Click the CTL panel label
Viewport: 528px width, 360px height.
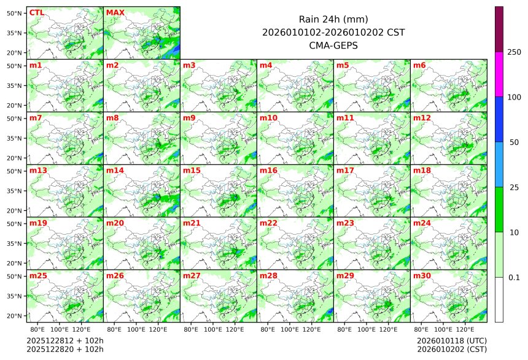36,12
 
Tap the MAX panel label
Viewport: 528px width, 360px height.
115,12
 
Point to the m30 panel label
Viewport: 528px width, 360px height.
422,276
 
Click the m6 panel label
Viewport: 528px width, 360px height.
420,65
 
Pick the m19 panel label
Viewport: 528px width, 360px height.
38,223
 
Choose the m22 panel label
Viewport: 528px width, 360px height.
268,223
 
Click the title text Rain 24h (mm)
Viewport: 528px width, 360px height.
333,19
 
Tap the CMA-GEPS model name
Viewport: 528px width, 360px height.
333,45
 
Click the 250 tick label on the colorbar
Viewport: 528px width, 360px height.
514,52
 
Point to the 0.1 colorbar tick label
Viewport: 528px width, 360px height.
514,277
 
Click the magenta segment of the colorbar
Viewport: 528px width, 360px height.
499,74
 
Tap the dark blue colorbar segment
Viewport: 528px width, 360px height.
499,119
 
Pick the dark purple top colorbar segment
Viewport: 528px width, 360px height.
499,29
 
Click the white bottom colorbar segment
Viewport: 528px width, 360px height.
499,299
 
